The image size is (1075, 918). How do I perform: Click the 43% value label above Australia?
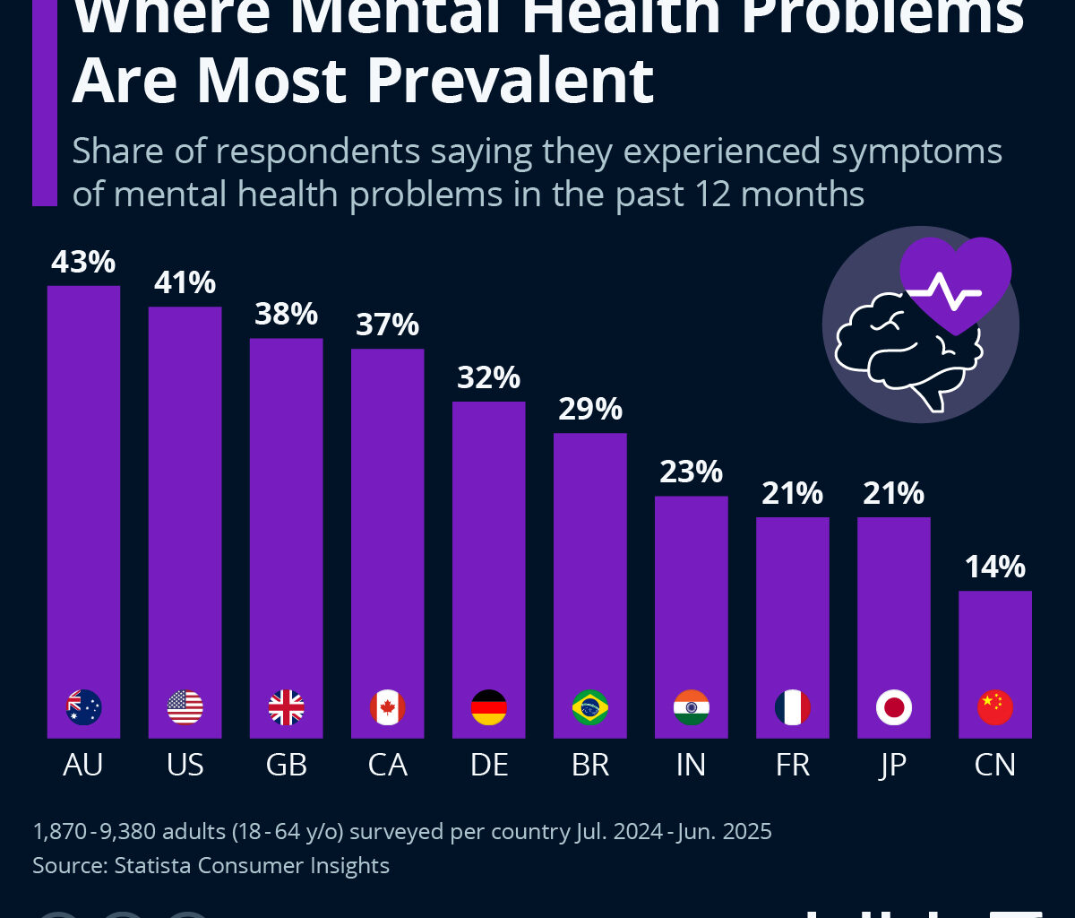tap(83, 262)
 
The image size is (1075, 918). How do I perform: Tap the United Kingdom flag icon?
tap(287, 708)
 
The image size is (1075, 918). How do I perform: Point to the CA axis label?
tap(387, 765)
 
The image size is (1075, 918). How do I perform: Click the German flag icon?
tap(488, 708)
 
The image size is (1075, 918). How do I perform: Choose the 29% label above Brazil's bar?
tap(589, 409)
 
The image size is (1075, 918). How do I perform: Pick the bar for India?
tap(691, 592)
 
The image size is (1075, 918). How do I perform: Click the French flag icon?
tap(793, 708)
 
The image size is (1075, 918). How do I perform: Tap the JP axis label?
tap(893, 765)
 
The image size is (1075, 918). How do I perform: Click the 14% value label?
tap(994, 567)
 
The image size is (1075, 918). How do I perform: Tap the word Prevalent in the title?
tap(511, 81)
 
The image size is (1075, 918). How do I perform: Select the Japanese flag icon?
tap(894, 708)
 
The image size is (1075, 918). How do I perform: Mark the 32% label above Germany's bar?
tap(488, 377)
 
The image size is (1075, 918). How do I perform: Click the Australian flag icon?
tap(84, 708)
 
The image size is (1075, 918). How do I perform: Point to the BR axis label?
tap(589, 765)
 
